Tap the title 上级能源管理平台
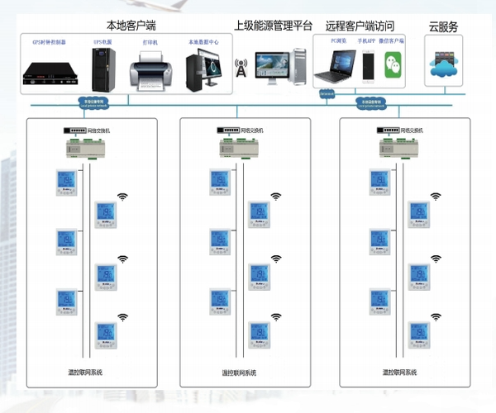click(x=272, y=26)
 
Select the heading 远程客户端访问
click(x=360, y=26)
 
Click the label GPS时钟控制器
click(x=50, y=40)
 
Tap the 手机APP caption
click(x=366, y=40)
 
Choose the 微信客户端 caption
click(x=393, y=40)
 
